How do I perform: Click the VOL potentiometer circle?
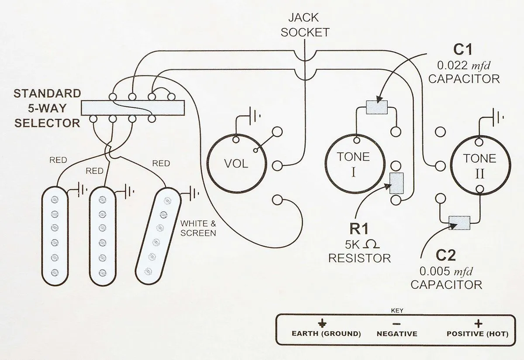pyautogui.click(x=236, y=164)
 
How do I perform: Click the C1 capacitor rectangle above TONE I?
pyautogui.click(x=376, y=107)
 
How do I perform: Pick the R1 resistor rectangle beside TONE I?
pyautogui.click(x=396, y=184)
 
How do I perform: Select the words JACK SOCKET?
pyautogui.click(x=305, y=25)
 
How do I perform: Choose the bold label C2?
pyautogui.click(x=446, y=255)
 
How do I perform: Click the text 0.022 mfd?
pyautogui.click(x=464, y=65)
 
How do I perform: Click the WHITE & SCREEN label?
pyautogui.click(x=198, y=228)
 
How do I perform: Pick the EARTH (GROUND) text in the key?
pyautogui.click(x=326, y=334)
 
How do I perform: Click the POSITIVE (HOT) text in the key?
pyautogui.click(x=477, y=334)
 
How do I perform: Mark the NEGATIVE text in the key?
pyautogui.click(x=397, y=334)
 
